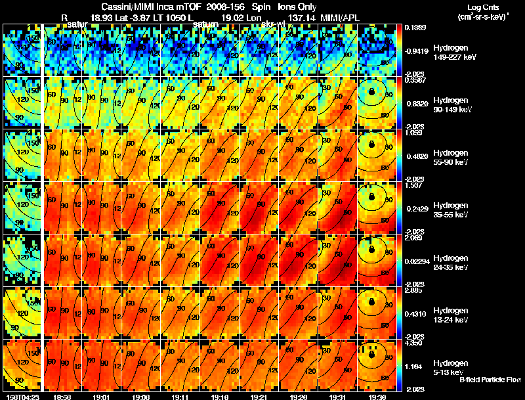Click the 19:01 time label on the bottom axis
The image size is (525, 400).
click(102, 397)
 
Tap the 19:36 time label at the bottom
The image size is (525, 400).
click(379, 397)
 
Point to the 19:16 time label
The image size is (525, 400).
click(220, 397)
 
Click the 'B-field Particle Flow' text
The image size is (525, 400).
click(490, 380)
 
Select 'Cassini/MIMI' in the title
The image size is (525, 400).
click(125, 6)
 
